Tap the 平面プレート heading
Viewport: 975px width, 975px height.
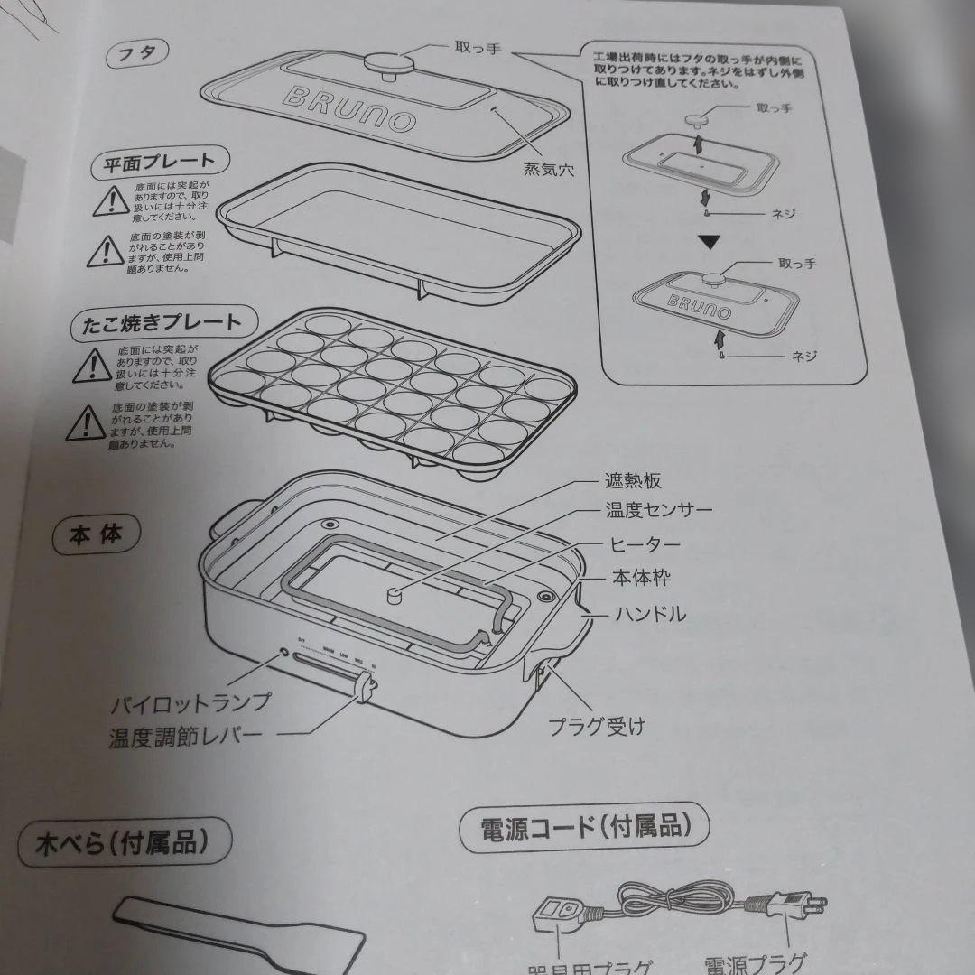pyautogui.click(x=160, y=162)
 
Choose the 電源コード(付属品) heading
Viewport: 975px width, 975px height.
pyautogui.click(x=583, y=825)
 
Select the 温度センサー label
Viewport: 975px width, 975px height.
pyautogui.click(x=658, y=512)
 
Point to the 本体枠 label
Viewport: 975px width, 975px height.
pyautogui.click(x=641, y=578)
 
